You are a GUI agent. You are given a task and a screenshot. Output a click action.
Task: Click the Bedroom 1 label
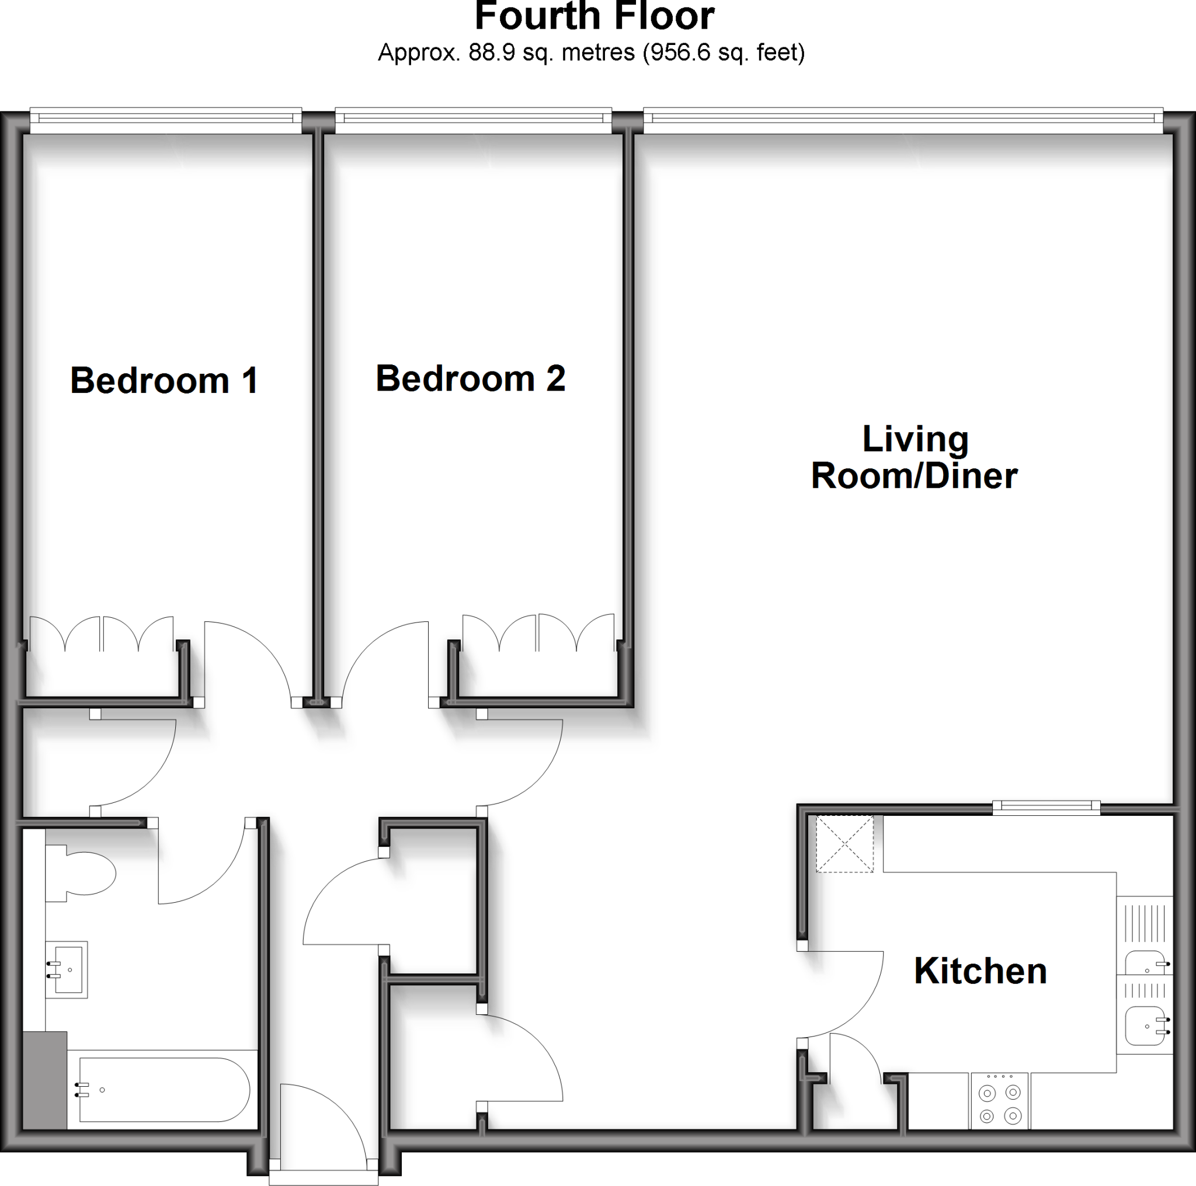tap(164, 380)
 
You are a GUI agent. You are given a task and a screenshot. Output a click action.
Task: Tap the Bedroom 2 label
tap(471, 378)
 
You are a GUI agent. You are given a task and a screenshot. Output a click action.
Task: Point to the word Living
tap(915, 439)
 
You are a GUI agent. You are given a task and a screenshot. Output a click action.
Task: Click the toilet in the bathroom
tap(84, 874)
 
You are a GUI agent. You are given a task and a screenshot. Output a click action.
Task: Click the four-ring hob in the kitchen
tap(999, 1105)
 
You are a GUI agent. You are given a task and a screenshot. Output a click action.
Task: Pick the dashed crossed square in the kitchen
tap(844, 844)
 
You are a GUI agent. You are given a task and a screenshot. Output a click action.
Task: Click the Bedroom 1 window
tap(165, 120)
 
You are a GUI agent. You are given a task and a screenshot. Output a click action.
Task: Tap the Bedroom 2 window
tap(474, 120)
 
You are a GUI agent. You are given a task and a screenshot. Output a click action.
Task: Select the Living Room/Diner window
tap(903, 120)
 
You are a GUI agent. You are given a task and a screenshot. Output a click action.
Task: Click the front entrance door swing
tap(328, 1124)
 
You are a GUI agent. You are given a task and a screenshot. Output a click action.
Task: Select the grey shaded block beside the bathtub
tap(44, 1081)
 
